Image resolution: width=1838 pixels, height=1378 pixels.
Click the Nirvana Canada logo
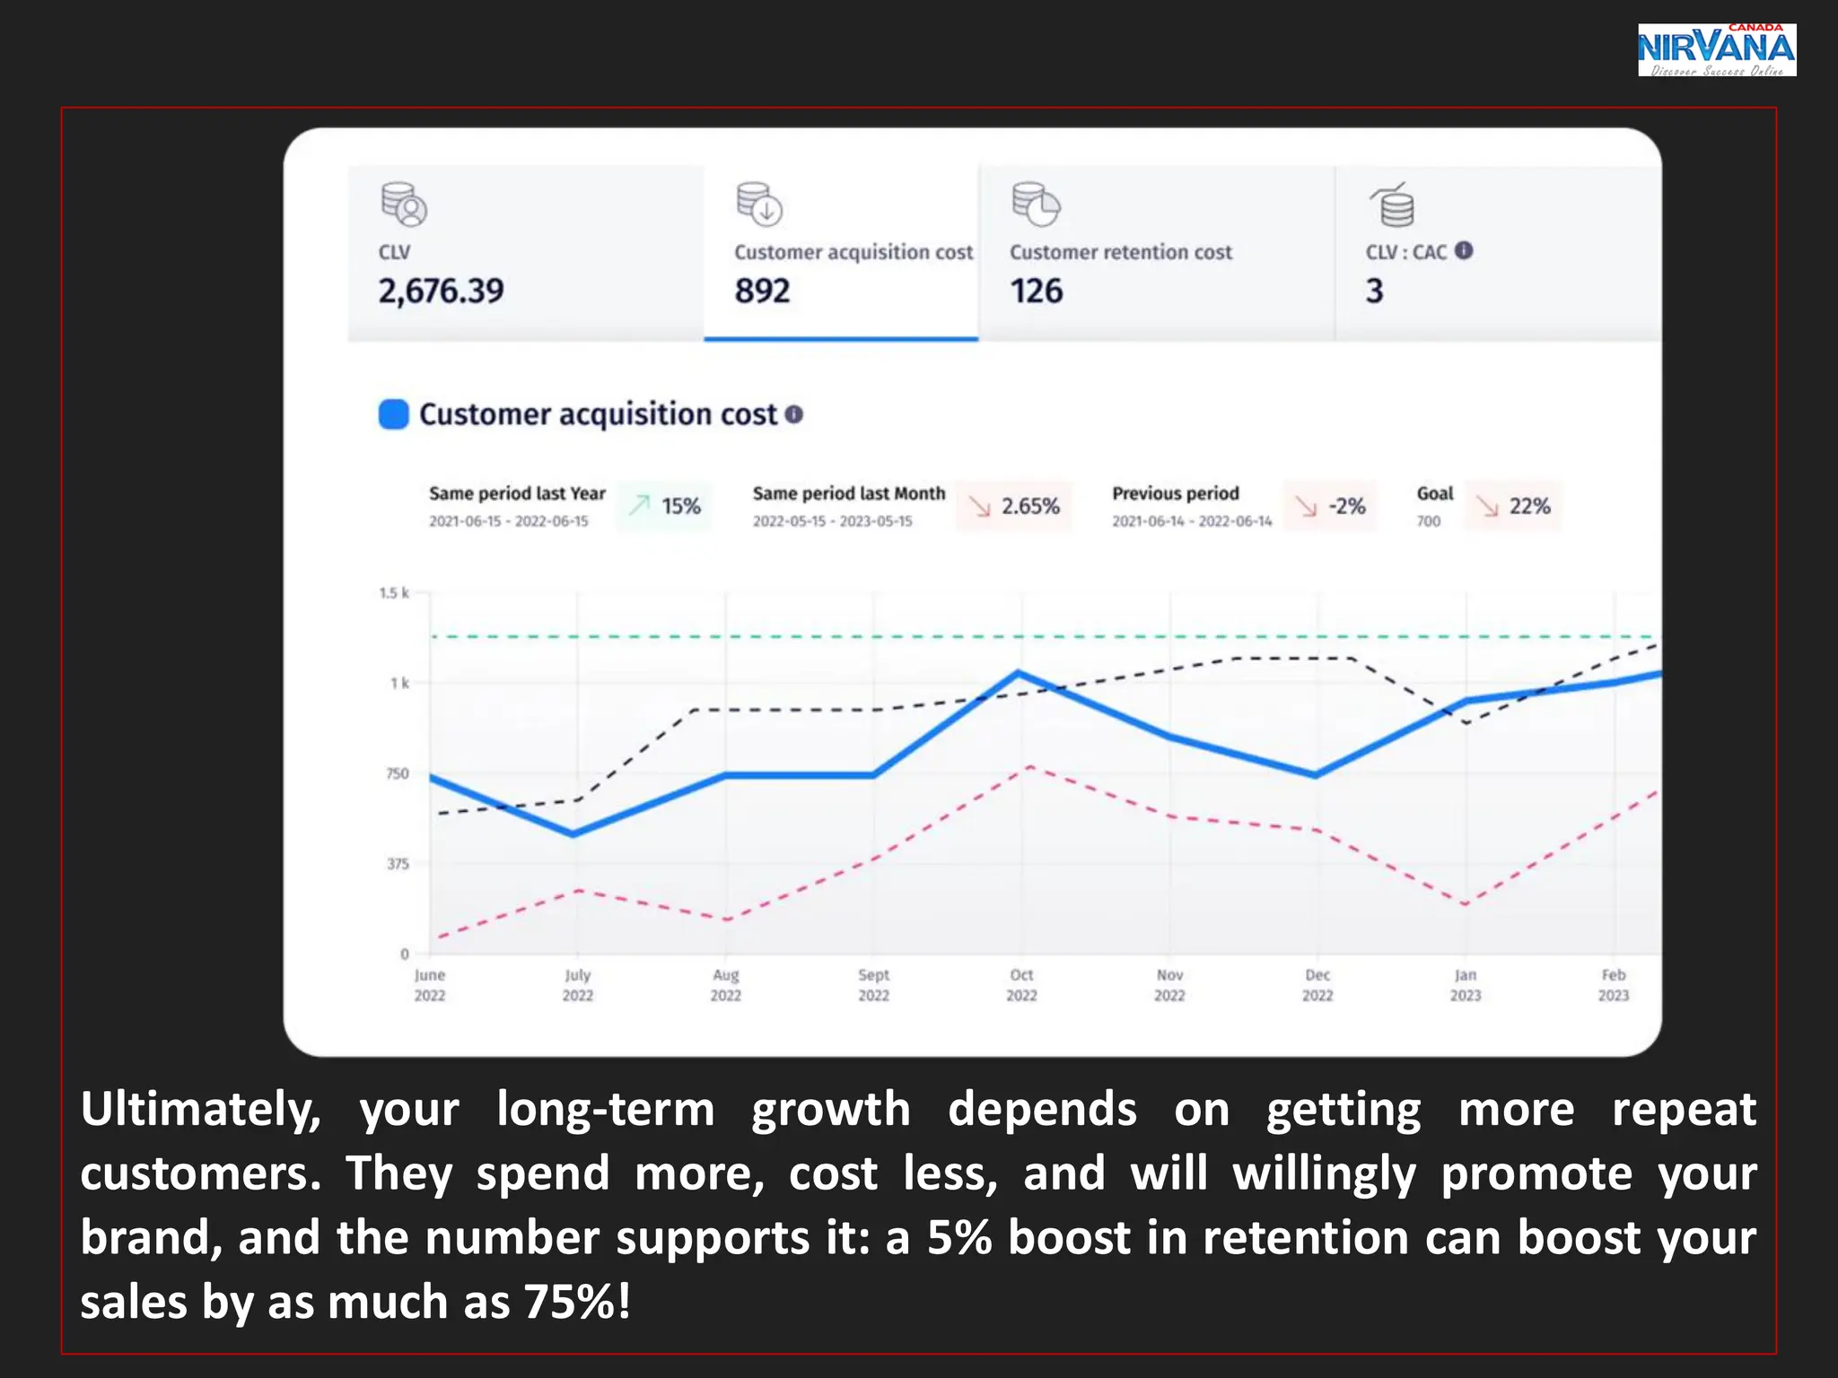[1715, 50]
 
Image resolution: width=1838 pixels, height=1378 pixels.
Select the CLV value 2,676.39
[441, 291]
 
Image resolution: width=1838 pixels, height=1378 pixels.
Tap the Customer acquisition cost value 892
[762, 291]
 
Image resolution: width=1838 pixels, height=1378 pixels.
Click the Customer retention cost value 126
[1036, 291]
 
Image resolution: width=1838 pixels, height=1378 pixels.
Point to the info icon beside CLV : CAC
[1464, 250]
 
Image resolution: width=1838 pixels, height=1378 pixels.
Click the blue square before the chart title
[393, 414]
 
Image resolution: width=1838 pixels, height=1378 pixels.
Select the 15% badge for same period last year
[665, 506]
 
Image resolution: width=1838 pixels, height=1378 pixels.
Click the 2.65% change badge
[1014, 506]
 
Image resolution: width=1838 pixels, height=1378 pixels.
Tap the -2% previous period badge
[1330, 506]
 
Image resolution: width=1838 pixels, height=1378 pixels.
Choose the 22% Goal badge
[1514, 506]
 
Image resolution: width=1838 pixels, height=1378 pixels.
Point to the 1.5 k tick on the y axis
[394, 593]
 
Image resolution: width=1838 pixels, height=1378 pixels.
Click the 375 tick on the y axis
[398, 864]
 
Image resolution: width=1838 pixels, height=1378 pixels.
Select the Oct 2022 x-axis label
[1021, 985]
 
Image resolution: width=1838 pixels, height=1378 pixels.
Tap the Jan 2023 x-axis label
[1466, 985]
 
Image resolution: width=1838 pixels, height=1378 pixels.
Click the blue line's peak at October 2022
[1018, 672]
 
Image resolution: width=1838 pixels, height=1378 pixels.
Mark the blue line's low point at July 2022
[575, 834]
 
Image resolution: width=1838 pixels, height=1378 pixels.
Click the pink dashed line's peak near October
[1030, 767]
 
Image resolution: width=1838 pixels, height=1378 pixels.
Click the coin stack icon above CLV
[403, 205]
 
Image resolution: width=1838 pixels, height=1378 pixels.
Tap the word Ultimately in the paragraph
[200, 1110]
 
